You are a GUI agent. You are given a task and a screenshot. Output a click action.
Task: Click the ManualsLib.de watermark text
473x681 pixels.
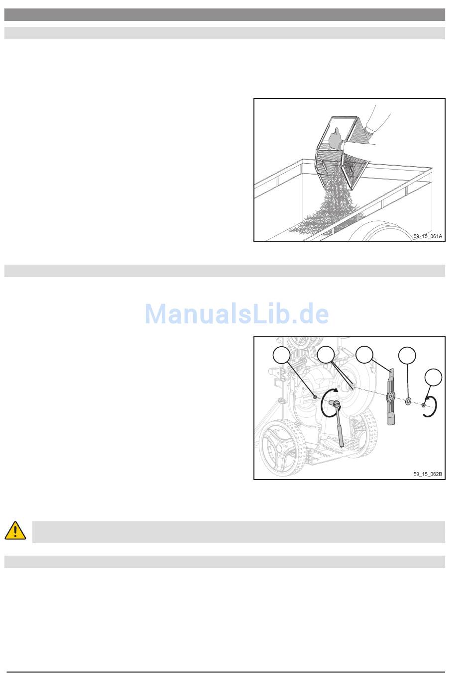click(236, 313)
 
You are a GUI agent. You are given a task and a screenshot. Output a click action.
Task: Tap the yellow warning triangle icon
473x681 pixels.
click(15, 530)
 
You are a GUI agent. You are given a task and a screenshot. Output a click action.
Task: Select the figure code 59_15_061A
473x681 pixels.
click(427, 236)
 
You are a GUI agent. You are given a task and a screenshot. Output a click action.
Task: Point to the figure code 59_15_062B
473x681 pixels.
click(427, 474)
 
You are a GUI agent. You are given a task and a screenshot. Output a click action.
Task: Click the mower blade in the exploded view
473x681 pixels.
click(391, 396)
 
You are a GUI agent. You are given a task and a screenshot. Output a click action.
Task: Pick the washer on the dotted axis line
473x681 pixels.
click(408, 401)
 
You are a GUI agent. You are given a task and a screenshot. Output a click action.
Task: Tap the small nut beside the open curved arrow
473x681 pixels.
click(423, 405)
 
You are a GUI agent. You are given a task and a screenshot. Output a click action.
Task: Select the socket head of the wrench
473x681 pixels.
click(334, 403)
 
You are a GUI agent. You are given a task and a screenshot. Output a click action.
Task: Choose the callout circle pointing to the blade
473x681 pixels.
click(364, 355)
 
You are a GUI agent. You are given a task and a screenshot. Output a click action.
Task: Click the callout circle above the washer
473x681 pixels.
click(407, 355)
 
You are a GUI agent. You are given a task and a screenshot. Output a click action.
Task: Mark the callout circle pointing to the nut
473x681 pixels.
click(434, 377)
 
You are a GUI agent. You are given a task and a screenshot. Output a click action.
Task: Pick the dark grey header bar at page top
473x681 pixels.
click(225, 14)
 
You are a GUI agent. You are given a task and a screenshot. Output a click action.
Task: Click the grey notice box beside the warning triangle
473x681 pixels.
click(238, 532)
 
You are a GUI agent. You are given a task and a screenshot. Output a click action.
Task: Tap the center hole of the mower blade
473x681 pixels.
click(390, 396)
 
